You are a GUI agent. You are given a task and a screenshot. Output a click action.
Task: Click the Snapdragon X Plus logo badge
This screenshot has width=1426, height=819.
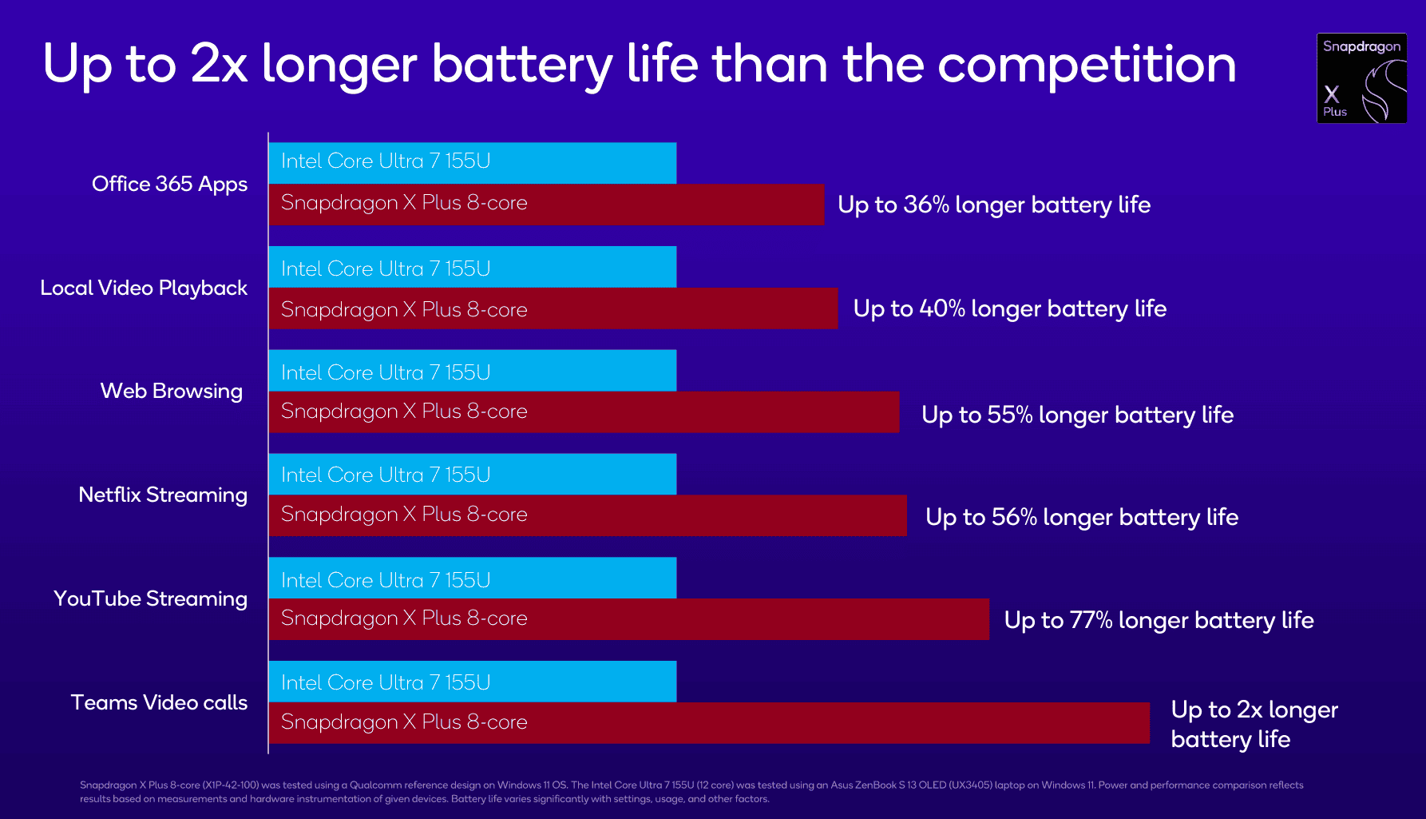[x=1361, y=78]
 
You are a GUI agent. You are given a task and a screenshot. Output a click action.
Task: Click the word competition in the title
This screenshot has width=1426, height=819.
[x=1087, y=64]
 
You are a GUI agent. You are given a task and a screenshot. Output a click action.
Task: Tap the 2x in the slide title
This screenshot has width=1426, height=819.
[x=219, y=64]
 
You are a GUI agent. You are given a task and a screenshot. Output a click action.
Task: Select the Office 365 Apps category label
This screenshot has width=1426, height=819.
[x=169, y=184]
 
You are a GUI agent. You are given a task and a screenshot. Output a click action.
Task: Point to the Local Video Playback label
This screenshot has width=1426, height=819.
[x=144, y=288]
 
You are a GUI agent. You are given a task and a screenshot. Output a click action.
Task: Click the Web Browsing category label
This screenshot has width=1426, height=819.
[x=171, y=391]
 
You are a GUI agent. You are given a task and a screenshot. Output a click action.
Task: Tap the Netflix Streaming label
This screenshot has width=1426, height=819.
[x=163, y=495]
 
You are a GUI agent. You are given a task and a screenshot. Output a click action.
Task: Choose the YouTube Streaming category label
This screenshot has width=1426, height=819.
[x=150, y=598]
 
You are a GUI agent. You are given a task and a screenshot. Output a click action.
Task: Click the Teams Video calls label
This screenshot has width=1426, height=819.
[x=159, y=702]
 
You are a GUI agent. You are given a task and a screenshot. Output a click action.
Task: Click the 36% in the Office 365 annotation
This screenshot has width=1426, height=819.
[x=926, y=205]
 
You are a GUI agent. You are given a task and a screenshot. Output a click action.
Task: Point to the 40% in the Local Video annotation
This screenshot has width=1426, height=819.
[x=942, y=308]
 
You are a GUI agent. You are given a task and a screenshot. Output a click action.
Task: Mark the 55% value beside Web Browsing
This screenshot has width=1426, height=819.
[x=1010, y=415]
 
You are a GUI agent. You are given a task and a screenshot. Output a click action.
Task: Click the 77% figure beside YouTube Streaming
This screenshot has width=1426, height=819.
[x=1091, y=620]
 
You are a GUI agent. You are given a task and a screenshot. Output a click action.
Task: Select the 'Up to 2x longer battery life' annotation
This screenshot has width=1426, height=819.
[x=1254, y=724]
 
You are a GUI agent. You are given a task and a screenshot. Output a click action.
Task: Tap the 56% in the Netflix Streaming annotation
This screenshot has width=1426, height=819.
[x=1014, y=517]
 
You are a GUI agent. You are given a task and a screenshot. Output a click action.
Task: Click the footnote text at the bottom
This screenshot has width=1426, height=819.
[x=691, y=792]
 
